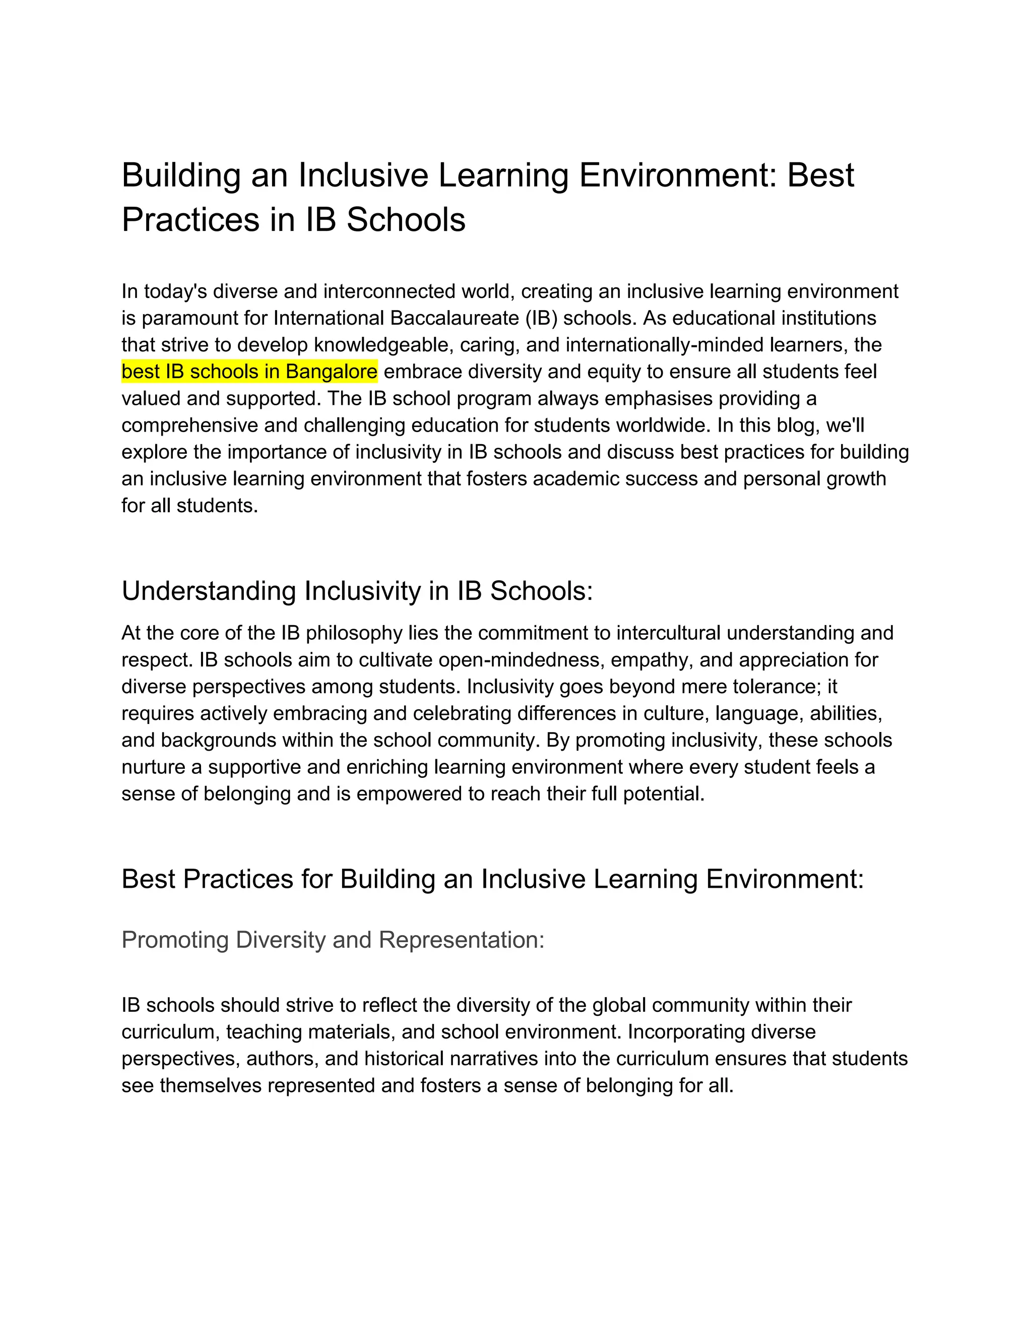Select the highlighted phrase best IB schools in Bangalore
click(249, 372)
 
